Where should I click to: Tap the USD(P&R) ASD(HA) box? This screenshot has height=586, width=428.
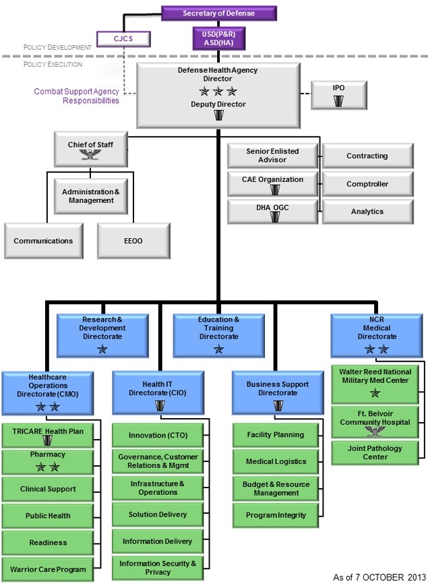click(x=218, y=38)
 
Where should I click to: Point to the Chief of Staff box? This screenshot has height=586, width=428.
click(x=90, y=149)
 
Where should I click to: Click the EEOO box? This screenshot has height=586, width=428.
click(x=132, y=241)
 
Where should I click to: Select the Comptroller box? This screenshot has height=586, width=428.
click(x=367, y=183)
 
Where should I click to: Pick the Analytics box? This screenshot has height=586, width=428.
click(x=367, y=212)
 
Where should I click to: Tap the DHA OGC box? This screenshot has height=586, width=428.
click(x=272, y=212)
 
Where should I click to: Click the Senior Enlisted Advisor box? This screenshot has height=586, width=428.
click(x=272, y=156)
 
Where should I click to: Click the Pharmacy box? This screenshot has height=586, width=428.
click(x=48, y=461)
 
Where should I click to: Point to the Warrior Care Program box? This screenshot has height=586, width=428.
click(x=48, y=569)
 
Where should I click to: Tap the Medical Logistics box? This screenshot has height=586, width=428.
click(x=276, y=462)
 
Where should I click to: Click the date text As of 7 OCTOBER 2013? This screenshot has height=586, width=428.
click(x=379, y=577)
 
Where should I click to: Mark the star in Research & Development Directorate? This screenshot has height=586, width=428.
click(x=102, y=349)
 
